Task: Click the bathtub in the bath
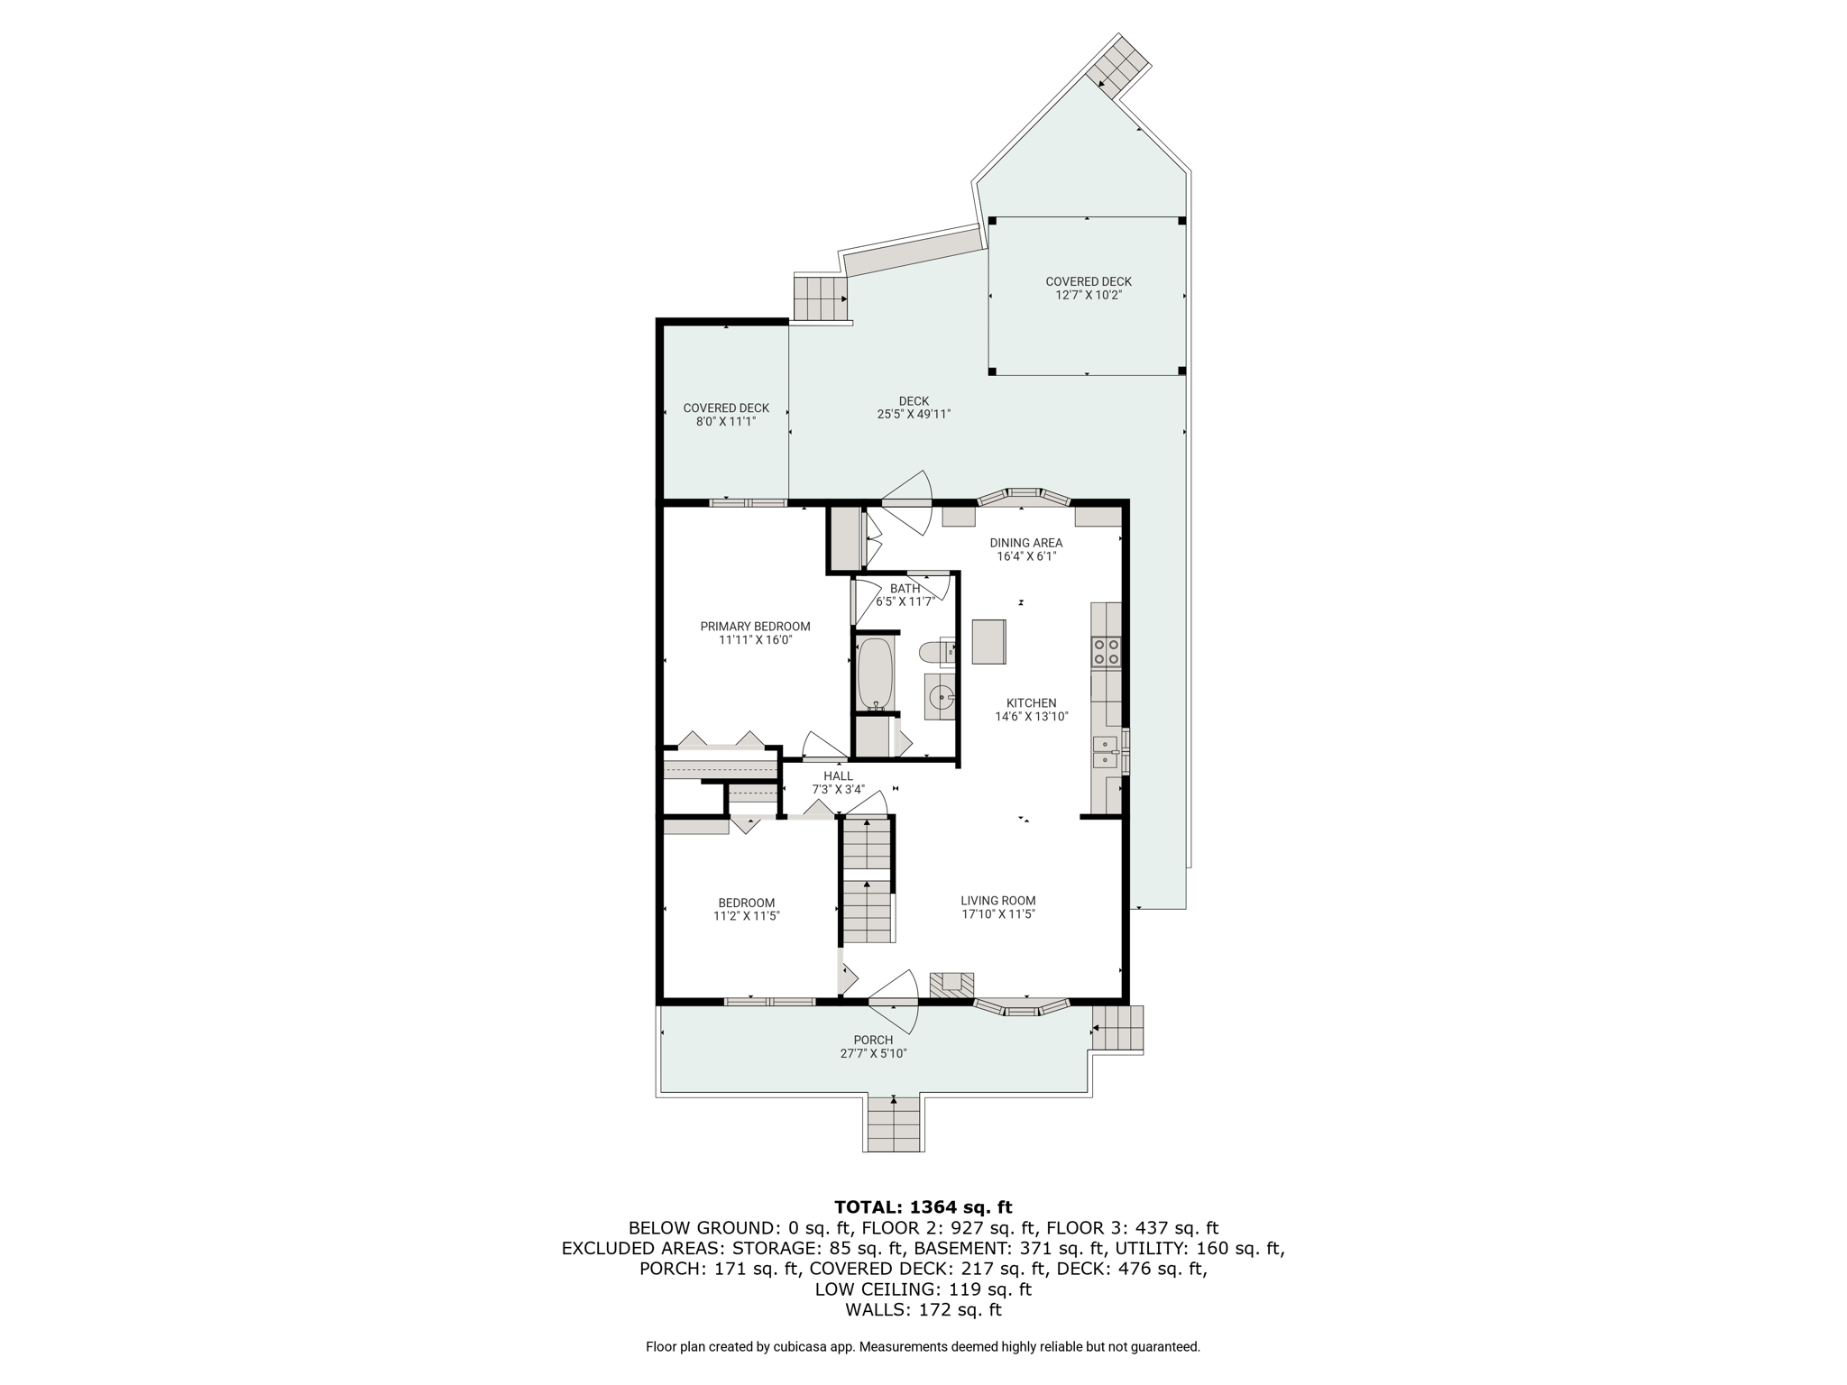coord(875,674)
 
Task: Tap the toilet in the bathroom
coord(936,651)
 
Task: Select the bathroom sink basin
coord(941,696)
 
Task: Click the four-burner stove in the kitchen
coord(1106,651)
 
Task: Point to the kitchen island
coord(988,642)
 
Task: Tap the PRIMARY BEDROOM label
coord(756,627)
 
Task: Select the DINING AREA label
coord(1026,543)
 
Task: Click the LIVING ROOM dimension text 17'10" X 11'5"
coord(998,914)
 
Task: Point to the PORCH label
coord(873,1040)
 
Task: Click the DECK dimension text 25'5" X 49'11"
coord(914,415)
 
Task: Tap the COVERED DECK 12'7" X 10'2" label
coord(1089,288)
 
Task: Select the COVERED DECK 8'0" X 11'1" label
coord(726,415)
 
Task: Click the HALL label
coord(838,775)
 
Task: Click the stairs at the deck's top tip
coord(1117,64)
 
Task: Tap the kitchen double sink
coord(1105,751)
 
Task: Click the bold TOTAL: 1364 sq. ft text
coord(923,1207)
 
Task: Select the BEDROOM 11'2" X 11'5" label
coord(746,909)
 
